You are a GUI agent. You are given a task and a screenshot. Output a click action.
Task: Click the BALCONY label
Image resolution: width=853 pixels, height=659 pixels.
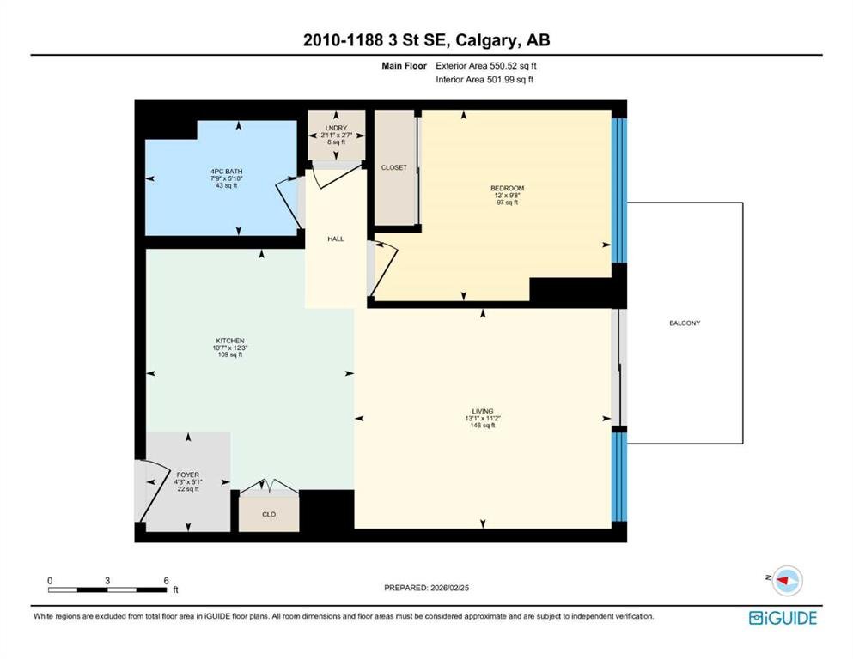pos(685,323)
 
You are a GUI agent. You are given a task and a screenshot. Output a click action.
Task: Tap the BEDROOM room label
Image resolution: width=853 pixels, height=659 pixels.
pos(507,189)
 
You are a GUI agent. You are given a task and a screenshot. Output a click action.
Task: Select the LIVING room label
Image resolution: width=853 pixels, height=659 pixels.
pos(483,411)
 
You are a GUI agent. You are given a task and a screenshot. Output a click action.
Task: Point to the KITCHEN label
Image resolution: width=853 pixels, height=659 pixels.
pos(229,341)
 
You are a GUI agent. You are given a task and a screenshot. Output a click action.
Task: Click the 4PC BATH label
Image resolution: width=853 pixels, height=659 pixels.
pos(226,172)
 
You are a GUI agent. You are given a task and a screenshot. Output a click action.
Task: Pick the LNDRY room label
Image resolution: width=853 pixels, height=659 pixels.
pos(336,128)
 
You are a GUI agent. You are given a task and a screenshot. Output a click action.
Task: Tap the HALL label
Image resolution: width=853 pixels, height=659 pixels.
pos(336,239)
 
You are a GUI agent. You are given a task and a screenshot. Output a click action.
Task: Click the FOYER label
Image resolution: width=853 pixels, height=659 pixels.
pos(187,475)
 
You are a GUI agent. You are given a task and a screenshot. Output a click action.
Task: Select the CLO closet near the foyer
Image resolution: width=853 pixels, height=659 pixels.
pos(269,515)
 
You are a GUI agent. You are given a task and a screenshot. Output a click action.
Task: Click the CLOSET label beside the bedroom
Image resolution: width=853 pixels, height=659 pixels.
pos(394,168)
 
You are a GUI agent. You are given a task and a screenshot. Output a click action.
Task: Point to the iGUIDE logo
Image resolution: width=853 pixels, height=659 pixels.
pos(783,619)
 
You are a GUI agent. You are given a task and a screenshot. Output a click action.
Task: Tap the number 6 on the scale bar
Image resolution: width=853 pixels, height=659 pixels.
pos(167,581)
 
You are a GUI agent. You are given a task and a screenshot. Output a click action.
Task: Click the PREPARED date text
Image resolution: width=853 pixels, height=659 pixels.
pos(426,588)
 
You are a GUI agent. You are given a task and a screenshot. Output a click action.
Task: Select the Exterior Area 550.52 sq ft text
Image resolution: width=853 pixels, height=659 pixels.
pos(486,66)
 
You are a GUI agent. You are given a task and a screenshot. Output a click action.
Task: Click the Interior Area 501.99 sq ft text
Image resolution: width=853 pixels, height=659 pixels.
pos(484,79)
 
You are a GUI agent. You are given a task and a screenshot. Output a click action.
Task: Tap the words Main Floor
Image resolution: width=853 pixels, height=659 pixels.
pos(405,66)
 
